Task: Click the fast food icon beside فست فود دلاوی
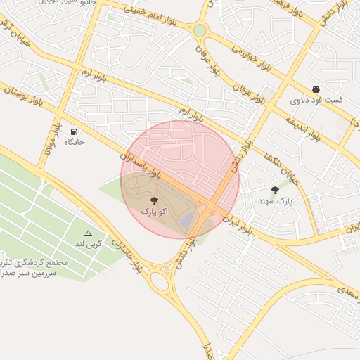click(x=316, y=89)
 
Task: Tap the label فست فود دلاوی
click(x=316, y=101)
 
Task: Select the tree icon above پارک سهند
click(x=275, y=190)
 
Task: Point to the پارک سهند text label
click(x=274, y=201)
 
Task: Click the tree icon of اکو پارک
click(x=154, y=200)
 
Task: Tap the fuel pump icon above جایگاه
click(x=75, y=131)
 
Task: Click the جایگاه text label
click(x=75, y=142)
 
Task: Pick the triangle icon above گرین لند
click(x=88, y=233)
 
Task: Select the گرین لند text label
click(x=89, y=244)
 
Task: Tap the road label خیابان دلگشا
click(x=282, y=169)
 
